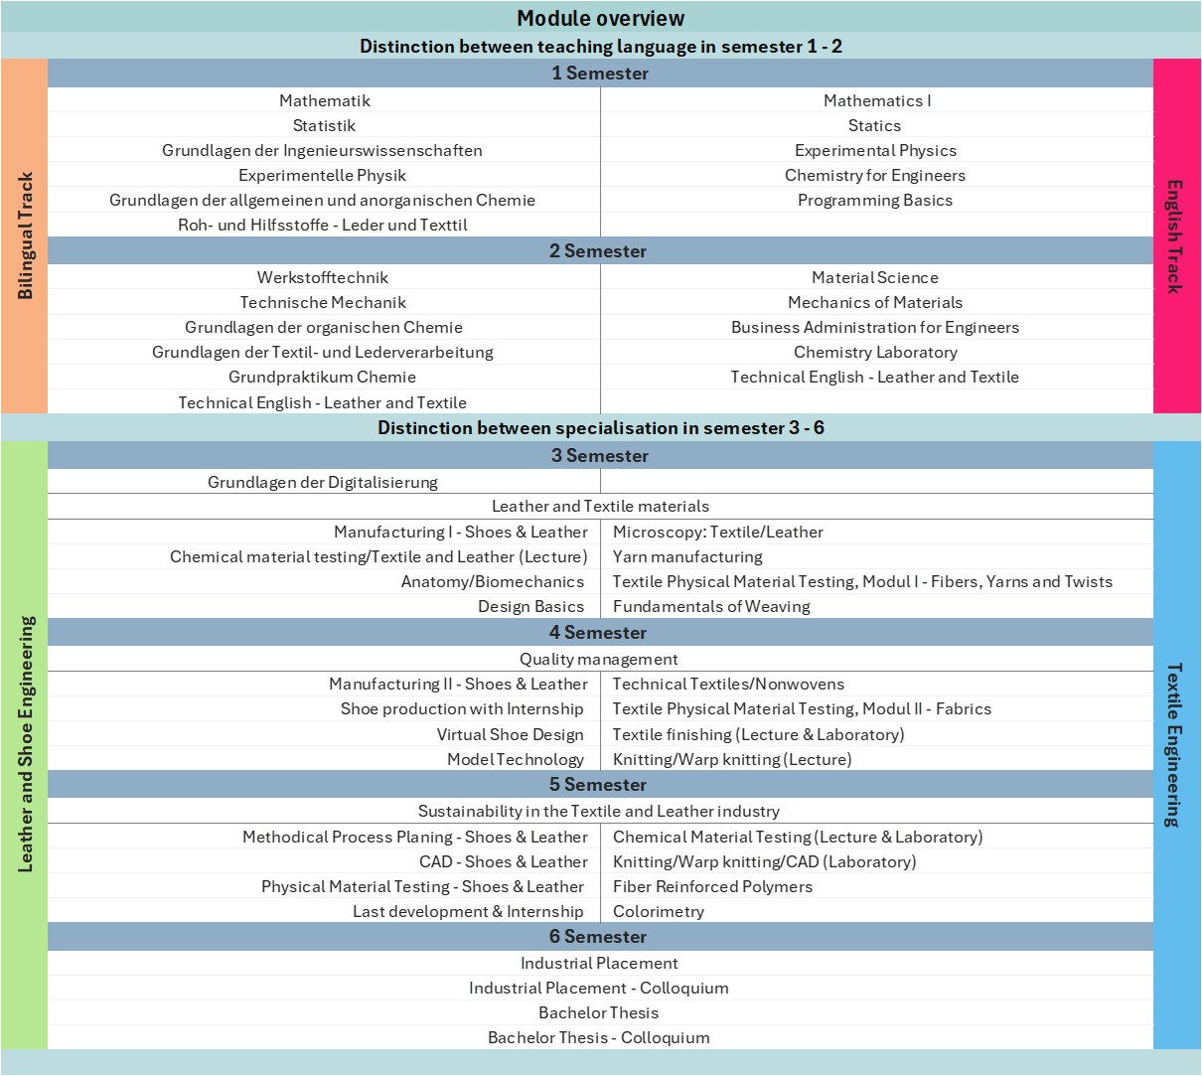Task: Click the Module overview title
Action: pyautogui.click(x=600, y=18)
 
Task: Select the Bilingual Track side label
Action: pyautogui.click(x=25, y=235)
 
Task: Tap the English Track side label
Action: pyautogui.click(x=1175, y=235)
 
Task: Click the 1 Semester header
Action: pyautogui.click(x=600, y=73)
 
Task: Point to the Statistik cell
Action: pyautogui.click(x=324, y=125)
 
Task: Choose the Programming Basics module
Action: pyautogui.click(x=874, y=200)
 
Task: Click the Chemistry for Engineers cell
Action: pyautogui.click(x=874, y=175)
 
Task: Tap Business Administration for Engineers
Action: pyautogui.click(x=874, y=327)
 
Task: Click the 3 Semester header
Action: pyautogui.click(x=600, y=455)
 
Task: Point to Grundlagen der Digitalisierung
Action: pyautogui.click(x=322, y=482)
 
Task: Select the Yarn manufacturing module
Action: pyautogui.click(x=687, y=556)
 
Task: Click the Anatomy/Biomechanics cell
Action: pyautogui.click(x=492, y=581)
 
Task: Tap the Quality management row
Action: pyautogui.click(x=599, y=659)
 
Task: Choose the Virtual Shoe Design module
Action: pyautogui.click(x=510, y=734)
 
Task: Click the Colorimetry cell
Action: pyautogui.click(x=658, y=911)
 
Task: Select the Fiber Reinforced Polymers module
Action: pyautogui.click(x=712, y=886)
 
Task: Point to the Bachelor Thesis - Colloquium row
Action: pyautogui.click(x=599, y=1037)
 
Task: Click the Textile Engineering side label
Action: pyautogui.click(x=1175, y=744)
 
